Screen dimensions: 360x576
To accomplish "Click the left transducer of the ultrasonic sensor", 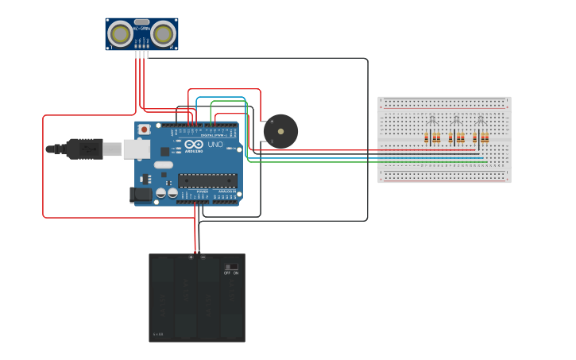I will pyautogui.click(x=122, y=33).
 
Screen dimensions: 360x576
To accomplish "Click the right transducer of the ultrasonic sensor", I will pyautogui.click(x=164, y=33).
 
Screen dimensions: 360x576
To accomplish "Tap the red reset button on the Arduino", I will pyautogui.click(x=144, y=129).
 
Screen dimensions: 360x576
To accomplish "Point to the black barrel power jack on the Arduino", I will pyautogui.click(x=141, y=193).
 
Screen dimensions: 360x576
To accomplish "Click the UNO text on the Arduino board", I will pyautogui.click(x=215, y=145).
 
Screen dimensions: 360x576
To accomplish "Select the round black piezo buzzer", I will pyautogui.click(x=280, y=131).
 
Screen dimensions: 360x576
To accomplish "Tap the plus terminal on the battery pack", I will pyautogui.click(x=191, y=257).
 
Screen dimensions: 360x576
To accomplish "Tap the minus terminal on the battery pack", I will pyautogui.click(x=203, y=257).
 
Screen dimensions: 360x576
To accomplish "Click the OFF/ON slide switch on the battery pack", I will pyautogui.click(x=231, y=267).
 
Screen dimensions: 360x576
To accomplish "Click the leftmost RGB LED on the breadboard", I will pyautogui.click(x=431, y=120).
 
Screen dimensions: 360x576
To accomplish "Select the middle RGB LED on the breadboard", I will pyautogui.click(x=456, y=120).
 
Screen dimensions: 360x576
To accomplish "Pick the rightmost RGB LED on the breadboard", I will pyautogui.click(x=480, y=120).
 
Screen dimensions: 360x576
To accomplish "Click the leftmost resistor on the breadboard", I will pyautogui.click(x=426, y=138).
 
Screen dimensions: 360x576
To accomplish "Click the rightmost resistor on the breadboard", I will pyautogui.click(x=485, y=138).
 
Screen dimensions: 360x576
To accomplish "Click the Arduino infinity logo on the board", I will pyautogui.click(x=194, y=145).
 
